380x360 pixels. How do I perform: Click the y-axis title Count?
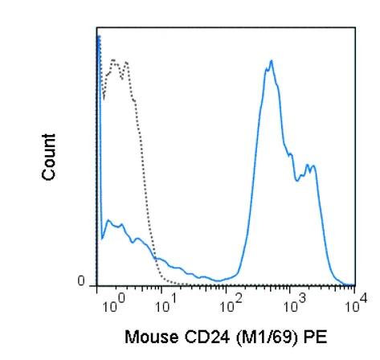click(x=49, y=156)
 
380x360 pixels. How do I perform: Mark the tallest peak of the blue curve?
click(x=272, y=61)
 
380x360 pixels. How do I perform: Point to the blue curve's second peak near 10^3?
click(x=311, y=166)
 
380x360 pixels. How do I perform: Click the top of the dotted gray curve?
click(x=114, y=59)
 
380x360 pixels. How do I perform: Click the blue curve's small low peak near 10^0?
click(x=107, y=220)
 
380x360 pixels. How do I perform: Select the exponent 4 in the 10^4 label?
click(x=363, y=297)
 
